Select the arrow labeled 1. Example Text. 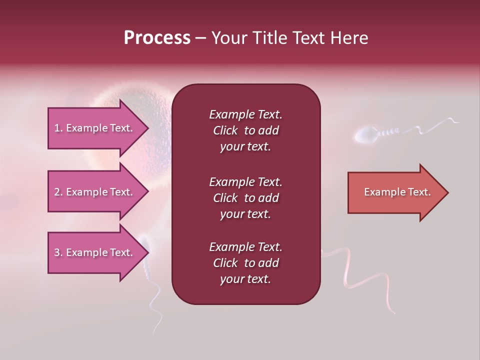(95, 128)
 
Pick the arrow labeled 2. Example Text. (95, 192)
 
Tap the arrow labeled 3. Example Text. (95, 252)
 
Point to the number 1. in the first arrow (58, 128)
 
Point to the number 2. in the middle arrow (58, 192)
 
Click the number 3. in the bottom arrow (58, 252)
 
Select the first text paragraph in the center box (245, 130)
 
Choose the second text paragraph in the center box (245, 198)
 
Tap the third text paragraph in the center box (245, 263)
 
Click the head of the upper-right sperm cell (365, 135)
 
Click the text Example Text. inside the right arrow (397, 192)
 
